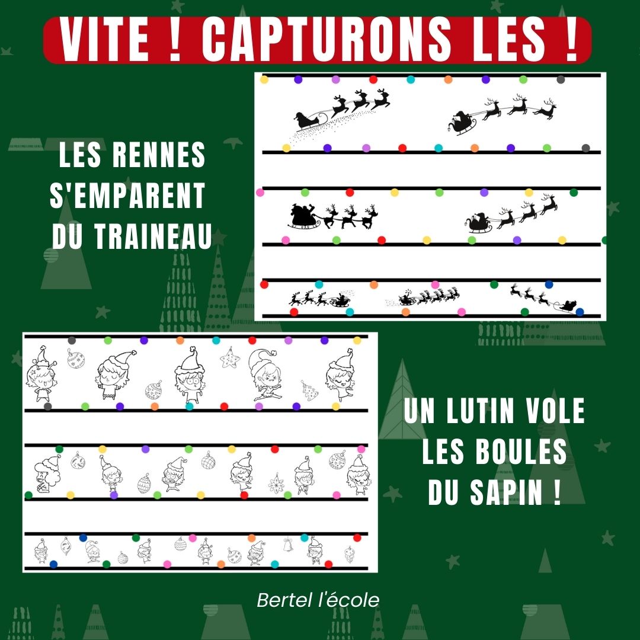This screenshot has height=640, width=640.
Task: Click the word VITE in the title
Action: point(104,40)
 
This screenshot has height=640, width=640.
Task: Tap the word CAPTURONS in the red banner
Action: point(327,40)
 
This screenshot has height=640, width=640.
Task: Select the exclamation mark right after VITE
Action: point(175,40)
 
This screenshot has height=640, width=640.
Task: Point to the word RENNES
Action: point(159,155)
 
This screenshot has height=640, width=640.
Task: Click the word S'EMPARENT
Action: point(127,196)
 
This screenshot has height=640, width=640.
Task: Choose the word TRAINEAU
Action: point(153,236)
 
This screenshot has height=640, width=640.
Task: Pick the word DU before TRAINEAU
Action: point(68,236)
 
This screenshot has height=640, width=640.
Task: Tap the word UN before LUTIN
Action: point(419,411)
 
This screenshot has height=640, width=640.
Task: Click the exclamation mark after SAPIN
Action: point(558,492)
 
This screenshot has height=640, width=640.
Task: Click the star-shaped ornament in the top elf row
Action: point(230,358)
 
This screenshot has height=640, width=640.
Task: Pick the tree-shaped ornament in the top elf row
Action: point(310,391)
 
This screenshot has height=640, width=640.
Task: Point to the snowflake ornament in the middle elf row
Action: point(276,484)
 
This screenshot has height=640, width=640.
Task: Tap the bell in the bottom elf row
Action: point(288,545)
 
